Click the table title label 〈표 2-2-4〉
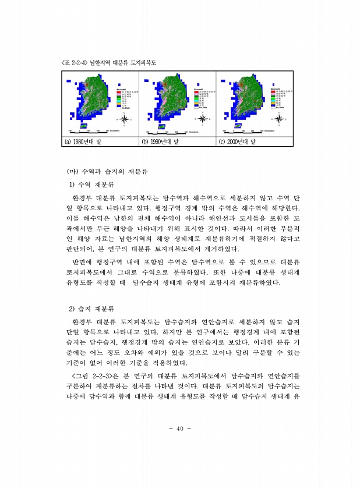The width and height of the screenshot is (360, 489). point(75,62)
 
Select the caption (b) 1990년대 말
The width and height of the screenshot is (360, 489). point(160,141)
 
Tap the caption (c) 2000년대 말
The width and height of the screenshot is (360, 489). point(237,141)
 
